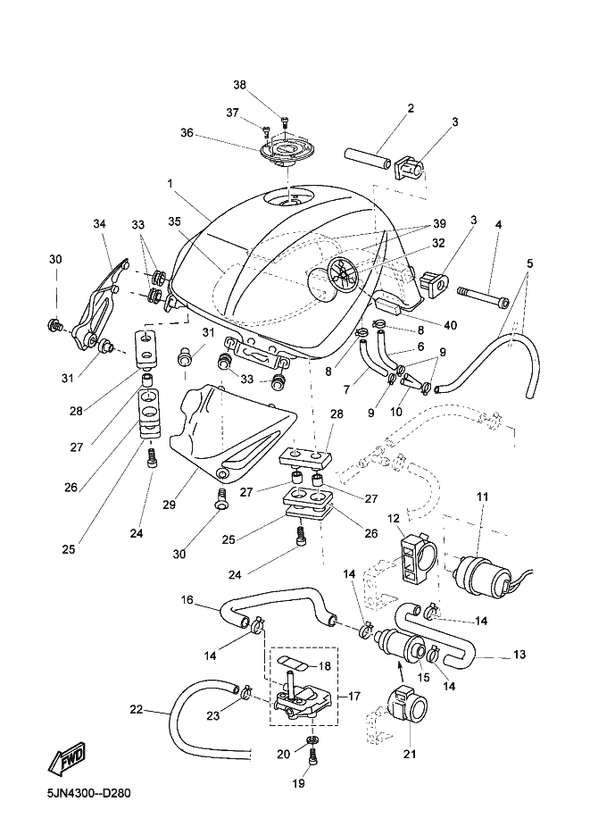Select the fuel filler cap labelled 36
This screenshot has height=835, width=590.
pos(283,149)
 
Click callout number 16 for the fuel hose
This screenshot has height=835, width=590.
pos(187,599)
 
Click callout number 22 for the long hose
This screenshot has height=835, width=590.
pos(136,711)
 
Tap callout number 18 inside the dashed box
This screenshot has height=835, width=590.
pos(325,666)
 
